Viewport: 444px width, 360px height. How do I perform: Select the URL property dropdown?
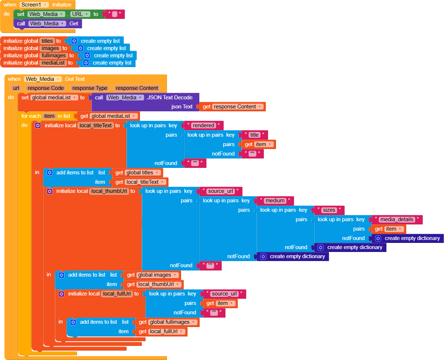point(80,14)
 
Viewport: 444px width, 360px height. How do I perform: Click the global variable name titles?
point(47,41)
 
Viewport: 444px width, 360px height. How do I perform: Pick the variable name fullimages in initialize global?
point(54,55)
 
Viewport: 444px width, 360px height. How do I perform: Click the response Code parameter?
point(46,88)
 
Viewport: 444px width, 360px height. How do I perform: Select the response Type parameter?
point(89,88)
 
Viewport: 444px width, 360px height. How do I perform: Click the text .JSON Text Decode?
point(170,98)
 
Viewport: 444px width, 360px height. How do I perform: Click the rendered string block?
point(204,125)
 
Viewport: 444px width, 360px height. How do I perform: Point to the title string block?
point(255,135)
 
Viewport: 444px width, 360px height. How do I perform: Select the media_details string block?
point(397,219)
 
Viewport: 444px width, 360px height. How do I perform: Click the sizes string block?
point(329,210)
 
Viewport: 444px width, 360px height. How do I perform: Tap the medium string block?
point(275,200)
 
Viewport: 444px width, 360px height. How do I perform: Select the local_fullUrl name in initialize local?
point(117,294)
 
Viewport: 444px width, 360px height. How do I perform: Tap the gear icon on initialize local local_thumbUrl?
point(50,191)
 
